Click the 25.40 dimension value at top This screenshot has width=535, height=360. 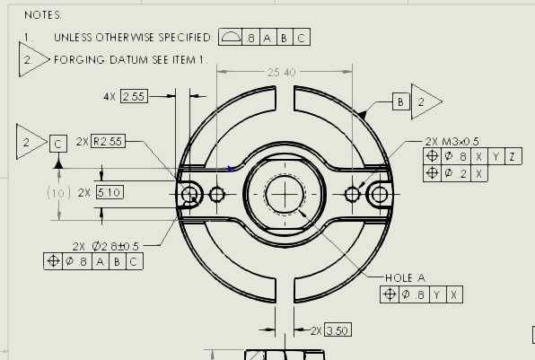[x=281, y=73]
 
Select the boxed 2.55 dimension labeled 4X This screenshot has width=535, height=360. [x=134, y=97]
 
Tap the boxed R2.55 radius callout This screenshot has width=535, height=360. [x=108, y=141]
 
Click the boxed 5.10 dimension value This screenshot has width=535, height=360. [x=110, y=192]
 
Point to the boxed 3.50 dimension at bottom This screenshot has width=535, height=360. [x=338, y=330]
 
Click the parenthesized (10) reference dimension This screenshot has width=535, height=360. [x=58, y=193]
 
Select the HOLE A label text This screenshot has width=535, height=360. [x=405, y=277]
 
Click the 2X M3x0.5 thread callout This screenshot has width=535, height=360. [x=452, y=141]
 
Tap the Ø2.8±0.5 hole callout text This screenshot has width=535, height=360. [x=115, y=246]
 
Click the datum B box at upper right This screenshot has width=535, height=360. [x=401, y=101]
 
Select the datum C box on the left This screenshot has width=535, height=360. [x=58, y=144]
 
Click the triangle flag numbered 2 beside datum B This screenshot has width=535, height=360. [x=425, y=101]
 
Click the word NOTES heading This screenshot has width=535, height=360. [x=43, y=15]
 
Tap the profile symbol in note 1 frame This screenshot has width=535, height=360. [x=230, y=37]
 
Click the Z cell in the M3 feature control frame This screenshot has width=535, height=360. [x=513, y=156]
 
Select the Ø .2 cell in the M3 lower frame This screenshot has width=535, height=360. [x=455, y=173]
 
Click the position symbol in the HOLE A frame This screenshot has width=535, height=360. [x=390, y=294]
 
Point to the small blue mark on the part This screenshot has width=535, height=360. [x=230, y=168]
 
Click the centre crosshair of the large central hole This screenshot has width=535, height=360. [x=285, y=194]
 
